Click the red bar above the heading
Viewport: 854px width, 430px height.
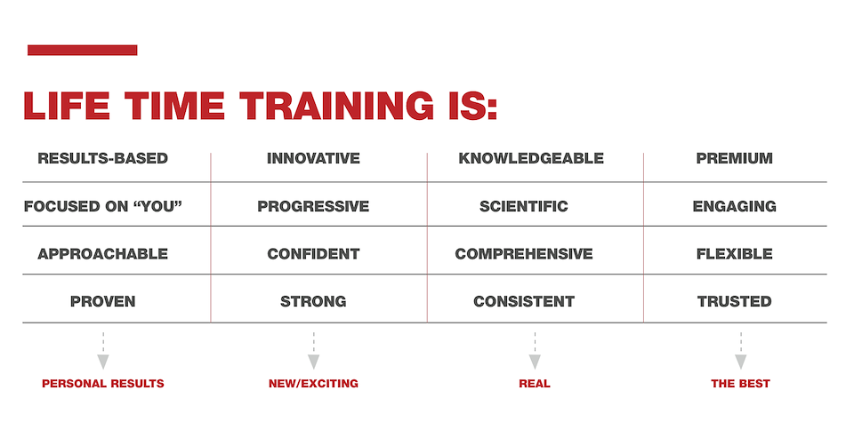82,50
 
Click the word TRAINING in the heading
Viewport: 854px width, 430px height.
336,106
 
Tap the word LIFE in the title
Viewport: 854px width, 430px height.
67,106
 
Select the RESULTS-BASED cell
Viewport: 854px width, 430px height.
103,158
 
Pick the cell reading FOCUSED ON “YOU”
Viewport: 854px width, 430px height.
103,206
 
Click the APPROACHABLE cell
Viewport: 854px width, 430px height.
103,254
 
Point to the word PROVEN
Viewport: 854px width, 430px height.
103,301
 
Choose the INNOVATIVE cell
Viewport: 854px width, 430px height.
313,158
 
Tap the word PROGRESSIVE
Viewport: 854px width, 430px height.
313,206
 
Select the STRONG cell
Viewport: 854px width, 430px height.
313,301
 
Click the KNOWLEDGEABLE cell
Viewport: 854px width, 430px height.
531,158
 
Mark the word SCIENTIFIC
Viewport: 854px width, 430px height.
524,206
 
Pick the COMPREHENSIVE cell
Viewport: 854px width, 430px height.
524,254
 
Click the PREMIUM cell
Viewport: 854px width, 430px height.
734,158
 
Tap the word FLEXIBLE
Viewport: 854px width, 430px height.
734,254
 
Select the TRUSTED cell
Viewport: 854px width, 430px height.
734,301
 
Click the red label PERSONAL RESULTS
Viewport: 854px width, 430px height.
103,383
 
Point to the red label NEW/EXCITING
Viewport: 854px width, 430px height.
313,383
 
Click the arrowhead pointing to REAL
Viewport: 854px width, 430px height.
535,362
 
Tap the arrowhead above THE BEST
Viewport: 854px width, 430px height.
741,362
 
